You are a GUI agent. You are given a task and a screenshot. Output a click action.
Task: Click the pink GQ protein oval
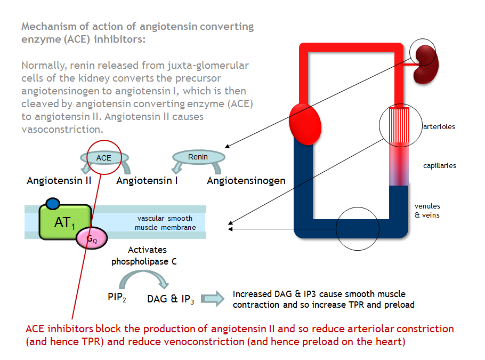92,238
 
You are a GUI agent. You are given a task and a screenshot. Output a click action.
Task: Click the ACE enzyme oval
104,158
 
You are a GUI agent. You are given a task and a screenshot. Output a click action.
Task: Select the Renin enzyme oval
198,157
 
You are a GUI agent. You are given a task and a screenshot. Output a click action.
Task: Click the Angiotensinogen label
246,181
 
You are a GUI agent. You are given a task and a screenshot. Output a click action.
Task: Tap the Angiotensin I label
147,181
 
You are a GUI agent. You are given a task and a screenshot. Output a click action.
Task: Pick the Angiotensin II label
59,181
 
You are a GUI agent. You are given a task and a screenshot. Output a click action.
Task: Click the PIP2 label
117,297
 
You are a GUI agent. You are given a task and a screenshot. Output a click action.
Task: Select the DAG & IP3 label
171,299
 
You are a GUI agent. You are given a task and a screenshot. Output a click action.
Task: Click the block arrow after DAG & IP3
213,299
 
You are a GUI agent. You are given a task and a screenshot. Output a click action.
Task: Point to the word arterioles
439,127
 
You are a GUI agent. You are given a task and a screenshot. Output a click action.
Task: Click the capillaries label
439,165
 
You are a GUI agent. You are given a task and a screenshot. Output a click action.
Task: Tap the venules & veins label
427,211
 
